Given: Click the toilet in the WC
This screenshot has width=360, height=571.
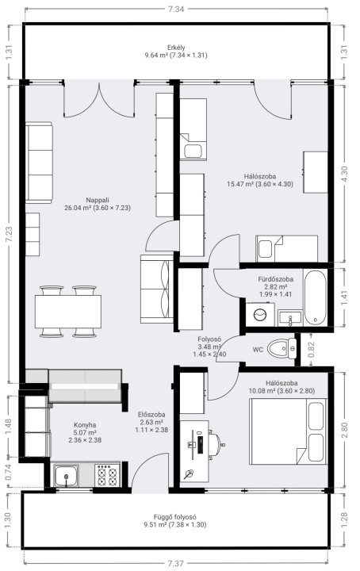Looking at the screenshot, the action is pyautogui.click(x=282, y=348).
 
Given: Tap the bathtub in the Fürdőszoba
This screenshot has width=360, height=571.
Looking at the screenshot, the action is pyautogui.click(x=316, y=297).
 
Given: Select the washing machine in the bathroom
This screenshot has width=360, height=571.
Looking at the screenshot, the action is pyautogui.click(x=260, y=315).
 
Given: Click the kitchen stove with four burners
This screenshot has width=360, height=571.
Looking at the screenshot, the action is pyautogui.click(x=108, y=475).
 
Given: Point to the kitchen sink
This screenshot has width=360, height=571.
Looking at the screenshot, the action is pyautogui.click(x=66, y=475).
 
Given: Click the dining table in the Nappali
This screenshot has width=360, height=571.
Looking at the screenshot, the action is pyautogui.click(x=68, y=312).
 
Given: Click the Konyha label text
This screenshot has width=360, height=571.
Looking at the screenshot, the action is pyautogui.click(x=85, y=424).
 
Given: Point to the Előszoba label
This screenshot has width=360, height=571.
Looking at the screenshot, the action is pyautogui.click(x=151, y=415).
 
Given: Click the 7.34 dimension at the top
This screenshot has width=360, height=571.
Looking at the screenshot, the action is pyautogui.click(x=176, y=9).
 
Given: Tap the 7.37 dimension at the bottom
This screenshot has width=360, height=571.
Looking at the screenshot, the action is pyautogui.click(x=176, y=563).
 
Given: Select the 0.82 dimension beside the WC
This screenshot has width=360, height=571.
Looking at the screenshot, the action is pyautogui.click(x=311, y=350).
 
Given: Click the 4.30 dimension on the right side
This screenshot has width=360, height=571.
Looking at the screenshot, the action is pyautogui.click(x=345, y=174).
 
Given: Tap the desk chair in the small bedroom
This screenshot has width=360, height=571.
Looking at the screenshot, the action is pyautogui.click(x=216, y=444).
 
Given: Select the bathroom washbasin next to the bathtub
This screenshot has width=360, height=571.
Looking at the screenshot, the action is pyautogui.click(x=290, y=318).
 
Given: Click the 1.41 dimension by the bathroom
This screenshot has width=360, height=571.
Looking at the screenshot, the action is pyautogui.click(x=345, y=298).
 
